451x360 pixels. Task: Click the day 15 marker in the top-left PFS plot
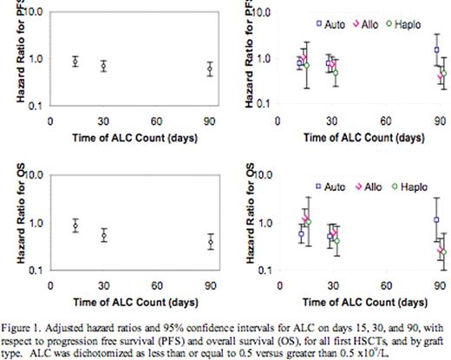75,62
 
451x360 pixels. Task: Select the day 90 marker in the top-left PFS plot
209,69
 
